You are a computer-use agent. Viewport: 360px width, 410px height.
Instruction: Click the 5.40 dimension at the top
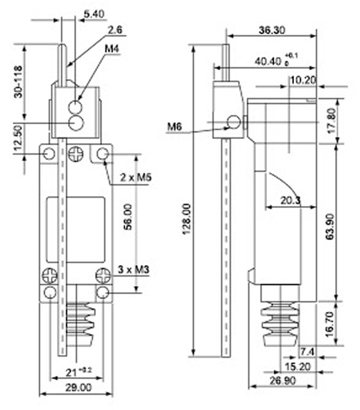94,14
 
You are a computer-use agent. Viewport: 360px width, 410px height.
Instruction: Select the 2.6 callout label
115,30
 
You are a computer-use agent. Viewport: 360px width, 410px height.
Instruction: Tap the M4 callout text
112,49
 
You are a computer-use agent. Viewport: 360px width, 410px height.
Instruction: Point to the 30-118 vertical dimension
18,82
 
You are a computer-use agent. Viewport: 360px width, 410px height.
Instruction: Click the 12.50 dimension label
18,138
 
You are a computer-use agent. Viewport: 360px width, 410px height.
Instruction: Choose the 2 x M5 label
136,178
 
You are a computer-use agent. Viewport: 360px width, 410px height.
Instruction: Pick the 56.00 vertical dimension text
128,217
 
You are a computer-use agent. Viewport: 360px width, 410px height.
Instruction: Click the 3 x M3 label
134,269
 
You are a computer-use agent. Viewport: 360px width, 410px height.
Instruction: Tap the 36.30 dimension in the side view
272,31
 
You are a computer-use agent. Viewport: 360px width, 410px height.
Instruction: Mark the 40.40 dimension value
268,62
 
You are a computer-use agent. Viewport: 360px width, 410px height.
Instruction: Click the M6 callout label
174,127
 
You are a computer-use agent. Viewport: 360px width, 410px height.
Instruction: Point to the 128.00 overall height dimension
187,219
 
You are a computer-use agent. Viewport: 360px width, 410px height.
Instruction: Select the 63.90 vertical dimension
330,227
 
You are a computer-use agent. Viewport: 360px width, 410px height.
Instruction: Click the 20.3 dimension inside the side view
291,200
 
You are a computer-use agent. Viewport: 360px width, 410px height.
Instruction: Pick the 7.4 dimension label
307,352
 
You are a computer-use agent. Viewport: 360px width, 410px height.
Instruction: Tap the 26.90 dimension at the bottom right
283,380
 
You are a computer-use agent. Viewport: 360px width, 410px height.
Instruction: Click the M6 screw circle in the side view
234,122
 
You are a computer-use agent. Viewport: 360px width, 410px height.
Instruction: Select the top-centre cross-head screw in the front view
76,154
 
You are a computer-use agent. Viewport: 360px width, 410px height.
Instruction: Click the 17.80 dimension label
332,121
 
